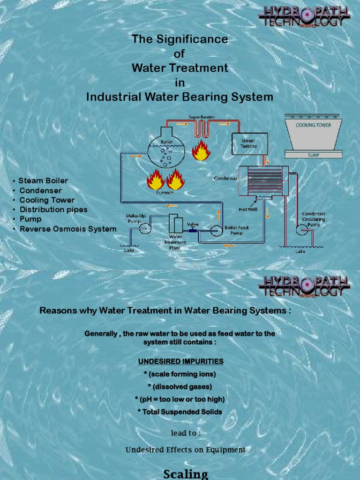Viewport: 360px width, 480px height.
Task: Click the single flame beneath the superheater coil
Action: tap(201, 150)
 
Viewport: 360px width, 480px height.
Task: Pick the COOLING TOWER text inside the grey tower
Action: tap(313, 125)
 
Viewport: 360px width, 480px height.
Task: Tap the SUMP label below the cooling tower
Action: tap(313, 155)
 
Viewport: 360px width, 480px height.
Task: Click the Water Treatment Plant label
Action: tap(175, 242)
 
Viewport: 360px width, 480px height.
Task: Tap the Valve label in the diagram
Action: tap(193, 224)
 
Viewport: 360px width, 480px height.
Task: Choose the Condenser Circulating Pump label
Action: tap(314, 219)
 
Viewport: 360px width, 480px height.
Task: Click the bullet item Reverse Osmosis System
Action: tap(67, 229)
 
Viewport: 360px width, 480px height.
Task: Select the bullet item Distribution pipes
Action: tap(53, 210)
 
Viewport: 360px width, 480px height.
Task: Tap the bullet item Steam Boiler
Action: tap(43, 180)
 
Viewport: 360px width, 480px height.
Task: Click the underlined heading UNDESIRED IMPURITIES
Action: tap(180, 361)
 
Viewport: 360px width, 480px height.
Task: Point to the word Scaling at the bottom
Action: tap(186, 474)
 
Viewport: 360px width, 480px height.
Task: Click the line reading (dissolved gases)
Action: tap(180, 387)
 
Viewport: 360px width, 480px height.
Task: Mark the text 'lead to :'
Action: tap(186, 433)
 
